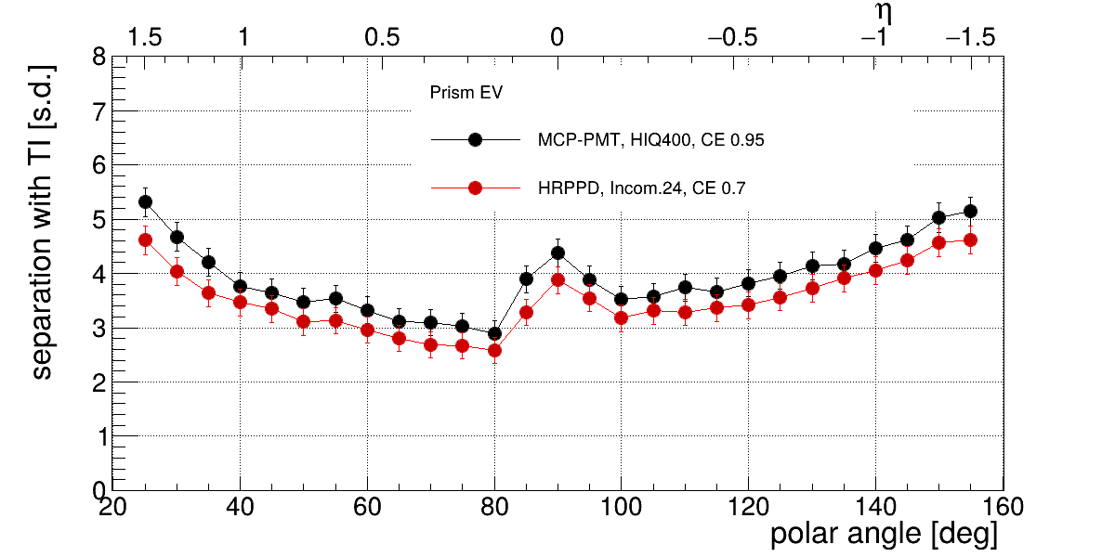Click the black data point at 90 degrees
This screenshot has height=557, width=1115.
tap(557, 253)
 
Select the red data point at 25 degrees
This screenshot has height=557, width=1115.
tap(145, 240)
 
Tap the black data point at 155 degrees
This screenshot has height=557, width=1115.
tap(970, 211)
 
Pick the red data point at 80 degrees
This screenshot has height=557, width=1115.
tap(494, 350)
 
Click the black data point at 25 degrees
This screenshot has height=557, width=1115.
tap(145, 201)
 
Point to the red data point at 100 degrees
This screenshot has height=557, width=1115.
tap(622, 317)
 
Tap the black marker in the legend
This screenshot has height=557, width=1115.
tap(475, 139)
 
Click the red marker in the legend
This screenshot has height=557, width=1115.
tap(475, 188)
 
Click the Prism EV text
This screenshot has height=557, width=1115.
tap(466, 93)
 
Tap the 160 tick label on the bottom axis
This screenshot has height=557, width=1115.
tap(1002, 507)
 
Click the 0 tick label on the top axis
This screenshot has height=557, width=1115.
tap(557, 38)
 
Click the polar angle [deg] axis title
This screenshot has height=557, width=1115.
tap(884, 535)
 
